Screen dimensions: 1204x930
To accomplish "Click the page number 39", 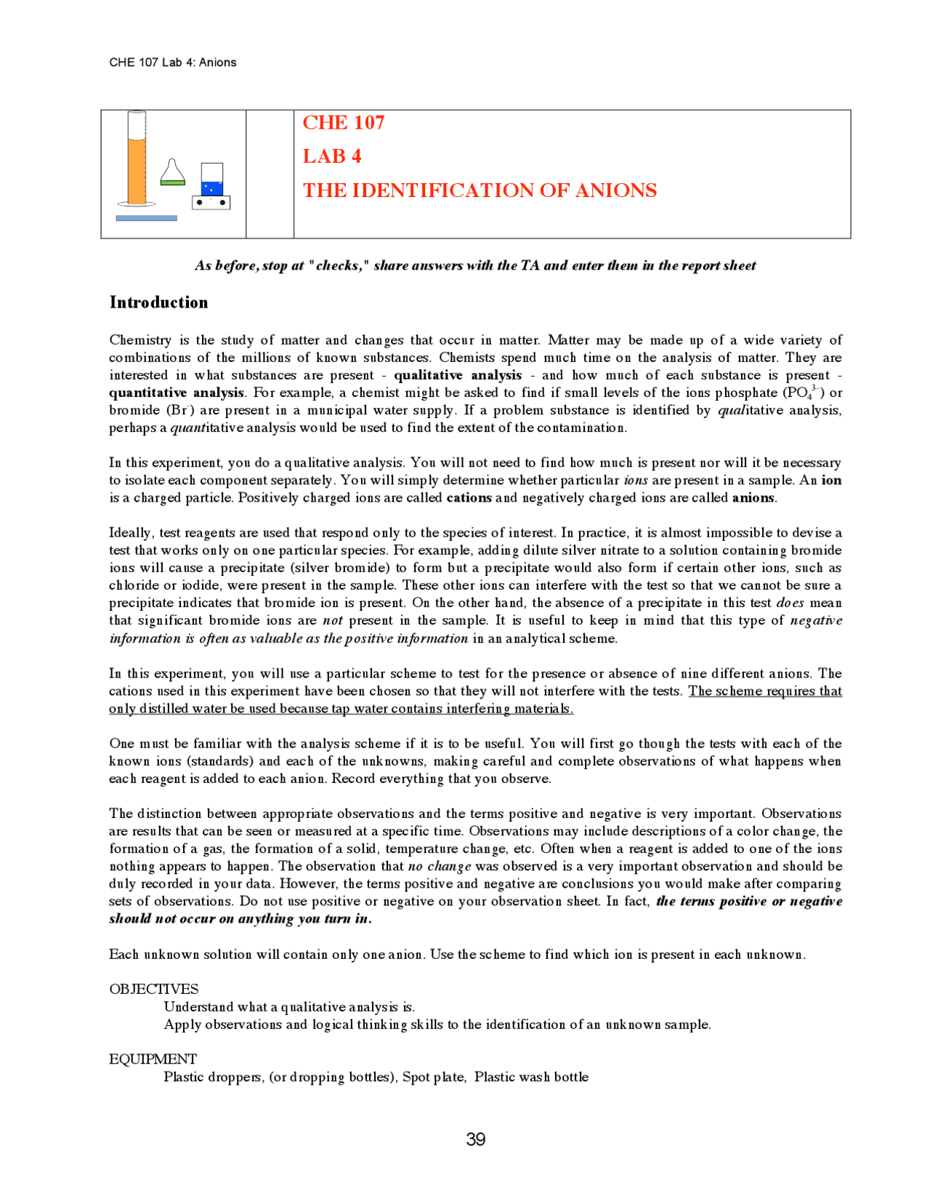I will click(475, 1139).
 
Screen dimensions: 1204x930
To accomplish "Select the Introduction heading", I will click(158, 302).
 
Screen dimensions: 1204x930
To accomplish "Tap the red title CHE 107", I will click(343, 123).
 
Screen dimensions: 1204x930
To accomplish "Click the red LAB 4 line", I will click(331, 156).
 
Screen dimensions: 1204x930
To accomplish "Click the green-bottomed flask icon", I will click(172, 172).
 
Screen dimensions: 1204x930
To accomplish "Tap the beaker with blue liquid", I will click(211, 180).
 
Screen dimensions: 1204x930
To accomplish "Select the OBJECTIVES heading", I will click(153, 989).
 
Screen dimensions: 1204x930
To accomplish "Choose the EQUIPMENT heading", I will click(153, 1059).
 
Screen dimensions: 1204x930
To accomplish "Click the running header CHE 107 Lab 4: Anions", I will click(173, 63).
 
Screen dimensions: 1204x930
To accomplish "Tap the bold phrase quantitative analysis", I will click(177, 393).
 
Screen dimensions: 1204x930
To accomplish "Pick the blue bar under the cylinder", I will click(146, 218).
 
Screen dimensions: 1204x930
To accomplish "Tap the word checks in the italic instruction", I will click(339, 265).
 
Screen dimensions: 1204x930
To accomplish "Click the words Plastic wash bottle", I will click(531, 1077).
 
